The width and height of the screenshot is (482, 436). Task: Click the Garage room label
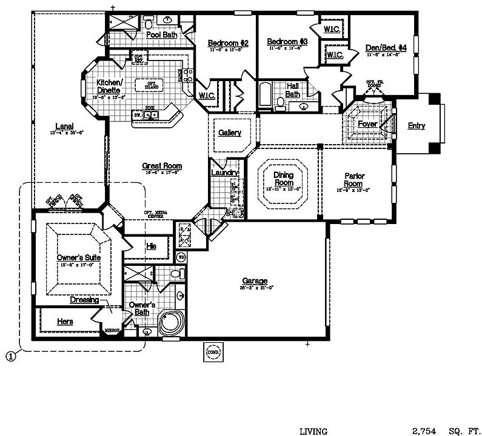click(255, 281)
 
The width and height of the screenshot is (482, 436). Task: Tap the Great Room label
click(162, 166)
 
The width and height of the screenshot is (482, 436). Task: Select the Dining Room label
click(283, 179)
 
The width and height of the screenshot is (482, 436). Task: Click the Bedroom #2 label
click(229, 43)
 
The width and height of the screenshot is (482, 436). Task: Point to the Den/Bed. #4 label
click(386, 48)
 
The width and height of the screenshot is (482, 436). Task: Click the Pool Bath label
click(162, 35)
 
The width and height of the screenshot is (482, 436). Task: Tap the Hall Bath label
click(293, 90)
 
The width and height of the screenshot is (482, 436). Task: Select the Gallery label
click(230, 133)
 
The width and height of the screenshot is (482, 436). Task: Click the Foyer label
click(367, 124)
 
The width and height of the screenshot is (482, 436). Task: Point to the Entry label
click(416, 126)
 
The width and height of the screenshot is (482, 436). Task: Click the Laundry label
click(225, 173)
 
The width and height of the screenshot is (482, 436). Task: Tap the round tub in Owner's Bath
click(170, 323)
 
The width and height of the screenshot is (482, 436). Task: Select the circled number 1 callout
click(10, 357)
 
